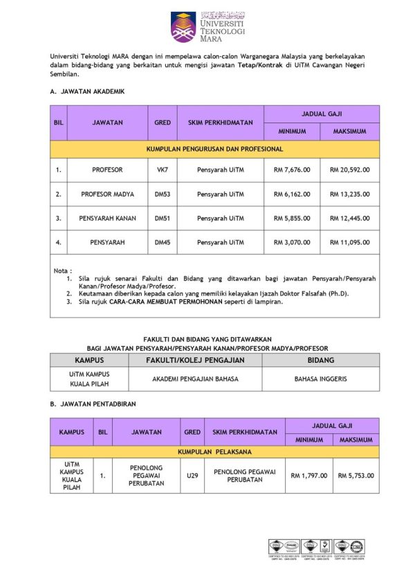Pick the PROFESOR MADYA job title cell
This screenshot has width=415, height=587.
[x=107, y=194]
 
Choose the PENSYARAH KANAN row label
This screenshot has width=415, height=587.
[x=107, y=218]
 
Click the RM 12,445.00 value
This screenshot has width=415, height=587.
[x=349, y=218]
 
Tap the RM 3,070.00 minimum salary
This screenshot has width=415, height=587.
[x=291, y=242]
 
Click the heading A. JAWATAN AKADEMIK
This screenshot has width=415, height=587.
[x=87, y=91]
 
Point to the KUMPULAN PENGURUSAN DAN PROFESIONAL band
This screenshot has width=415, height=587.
[x=214, y=149]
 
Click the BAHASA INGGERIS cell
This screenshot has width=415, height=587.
[x=321, y=379]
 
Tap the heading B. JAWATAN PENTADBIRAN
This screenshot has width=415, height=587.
[x=93, y=403]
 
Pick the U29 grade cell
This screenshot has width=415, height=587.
[x=192, y=476]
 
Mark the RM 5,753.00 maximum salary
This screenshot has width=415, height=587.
[x=356, y=476]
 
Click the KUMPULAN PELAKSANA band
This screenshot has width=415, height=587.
[x=214, y=451]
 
